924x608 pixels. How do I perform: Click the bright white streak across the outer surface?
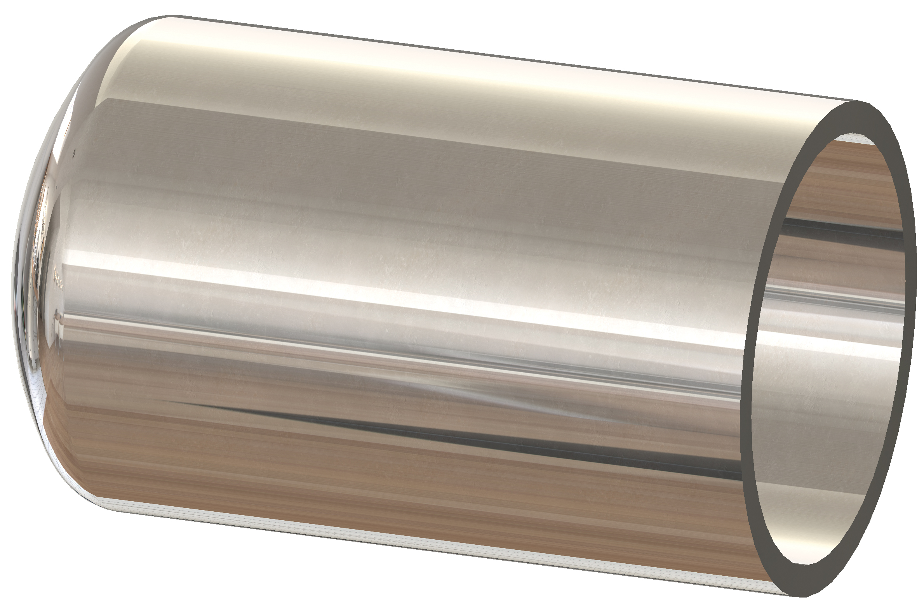(350, 287)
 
